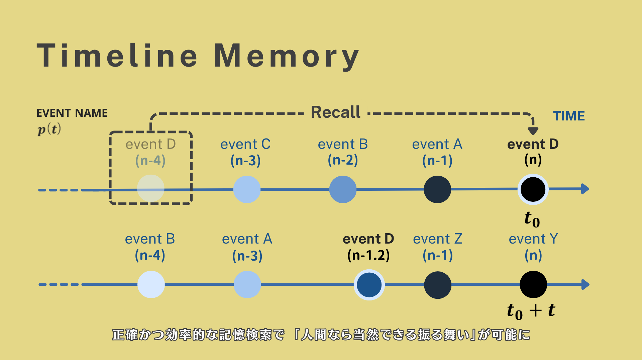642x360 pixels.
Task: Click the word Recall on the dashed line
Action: pos(336,112)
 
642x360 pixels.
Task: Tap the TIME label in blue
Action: pos(569,116)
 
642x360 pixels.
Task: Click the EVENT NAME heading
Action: pos(72,113)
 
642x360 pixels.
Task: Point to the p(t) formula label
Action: pos(49,129)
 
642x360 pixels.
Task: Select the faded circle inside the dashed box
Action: pos(151,188)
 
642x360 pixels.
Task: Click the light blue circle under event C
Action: pos(247,189)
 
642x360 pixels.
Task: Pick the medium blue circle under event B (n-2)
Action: pos(343,189)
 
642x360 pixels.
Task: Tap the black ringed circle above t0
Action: pos(533,189)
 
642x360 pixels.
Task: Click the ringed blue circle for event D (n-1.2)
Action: pos(369,285)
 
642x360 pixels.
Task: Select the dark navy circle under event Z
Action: pos(438,285)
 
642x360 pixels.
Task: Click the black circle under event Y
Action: pos(533,284)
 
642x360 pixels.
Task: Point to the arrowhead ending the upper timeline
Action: pos(585,189)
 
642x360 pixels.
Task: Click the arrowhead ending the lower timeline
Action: pos(585,284)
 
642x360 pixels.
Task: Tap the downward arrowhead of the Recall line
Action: pos(533,131)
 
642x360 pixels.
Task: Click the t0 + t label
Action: pos(531,311)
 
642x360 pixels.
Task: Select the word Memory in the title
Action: pos(286,56)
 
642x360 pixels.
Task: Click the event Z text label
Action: pos(438,239)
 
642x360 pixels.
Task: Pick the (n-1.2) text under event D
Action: pos(368,256)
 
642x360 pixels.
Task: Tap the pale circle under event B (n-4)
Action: pos(151,284)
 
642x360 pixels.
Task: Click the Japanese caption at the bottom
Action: pos(321,335)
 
